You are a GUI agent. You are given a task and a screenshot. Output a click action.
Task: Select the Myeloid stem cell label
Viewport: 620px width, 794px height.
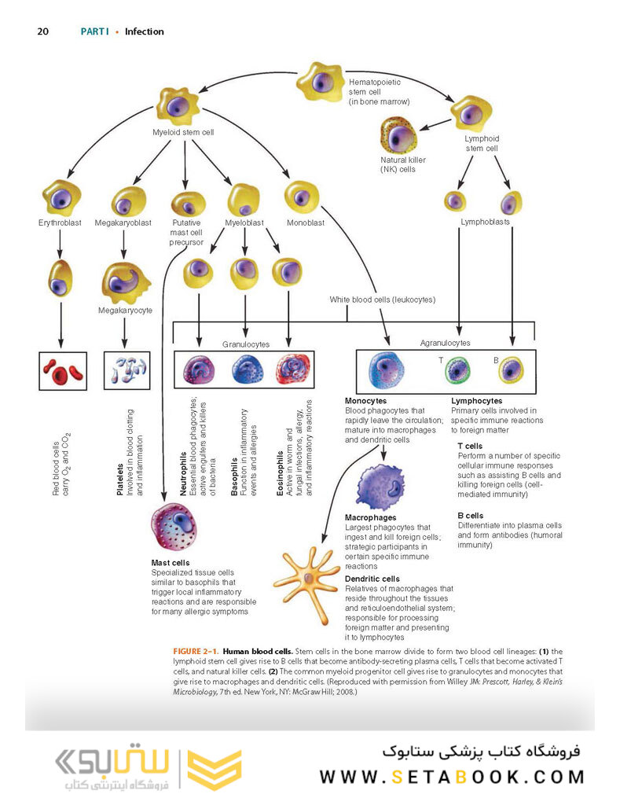[184, 132]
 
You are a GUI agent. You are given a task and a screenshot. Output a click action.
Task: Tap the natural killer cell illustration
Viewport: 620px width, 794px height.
[398, 135]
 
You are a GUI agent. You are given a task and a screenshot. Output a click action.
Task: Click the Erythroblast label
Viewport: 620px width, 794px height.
[60, 222]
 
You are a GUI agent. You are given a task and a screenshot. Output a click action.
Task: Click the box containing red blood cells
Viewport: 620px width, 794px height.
[62, 370]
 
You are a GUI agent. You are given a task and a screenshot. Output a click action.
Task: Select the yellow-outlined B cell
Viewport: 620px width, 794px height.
[512, 369]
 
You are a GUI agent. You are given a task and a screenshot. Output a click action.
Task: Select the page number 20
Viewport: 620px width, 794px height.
[43, 31]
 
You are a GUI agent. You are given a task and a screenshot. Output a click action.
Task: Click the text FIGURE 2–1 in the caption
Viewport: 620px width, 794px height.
[196, 652]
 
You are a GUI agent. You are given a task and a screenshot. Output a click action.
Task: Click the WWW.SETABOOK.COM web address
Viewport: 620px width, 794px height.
[452, 777]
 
